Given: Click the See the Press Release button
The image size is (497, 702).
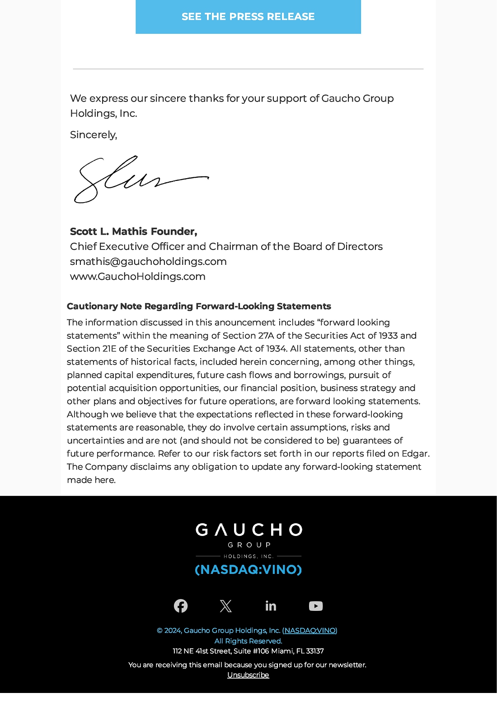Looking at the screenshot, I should click(x=248, y=17).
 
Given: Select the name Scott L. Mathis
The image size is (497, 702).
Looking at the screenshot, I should click(x=109, y=231).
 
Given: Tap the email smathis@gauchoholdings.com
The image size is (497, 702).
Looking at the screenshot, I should click(x=148, y=262).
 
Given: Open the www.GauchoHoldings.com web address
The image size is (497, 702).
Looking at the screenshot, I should click(x=137, y=277).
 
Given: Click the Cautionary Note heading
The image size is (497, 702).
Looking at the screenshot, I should click(x=199, y=306).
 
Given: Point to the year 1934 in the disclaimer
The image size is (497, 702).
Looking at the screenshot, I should click(x=276, y=349).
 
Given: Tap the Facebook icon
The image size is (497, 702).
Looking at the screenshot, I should click(x=181, y=606).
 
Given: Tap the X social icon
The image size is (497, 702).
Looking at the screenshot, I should click(x=225, y=606).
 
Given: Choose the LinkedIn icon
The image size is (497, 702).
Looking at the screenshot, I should click(x=271, y=606).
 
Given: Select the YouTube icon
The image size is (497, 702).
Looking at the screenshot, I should click(x=316, y=606).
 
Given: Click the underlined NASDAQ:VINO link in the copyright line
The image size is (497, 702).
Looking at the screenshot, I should click(x=310, y=631).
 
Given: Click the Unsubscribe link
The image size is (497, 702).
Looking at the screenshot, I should click(x=248, y=675).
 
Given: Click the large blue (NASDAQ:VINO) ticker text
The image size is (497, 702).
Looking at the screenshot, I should click(x=248, y=570).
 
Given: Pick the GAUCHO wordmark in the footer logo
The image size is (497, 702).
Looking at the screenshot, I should click(x=248, y=530).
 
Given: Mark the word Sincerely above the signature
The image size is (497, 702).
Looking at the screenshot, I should click(x=93, y=135).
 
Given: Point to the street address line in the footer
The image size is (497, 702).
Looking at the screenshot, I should click(x=248, y=651).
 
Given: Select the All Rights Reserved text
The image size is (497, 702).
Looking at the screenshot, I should click(x=248, y=641).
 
